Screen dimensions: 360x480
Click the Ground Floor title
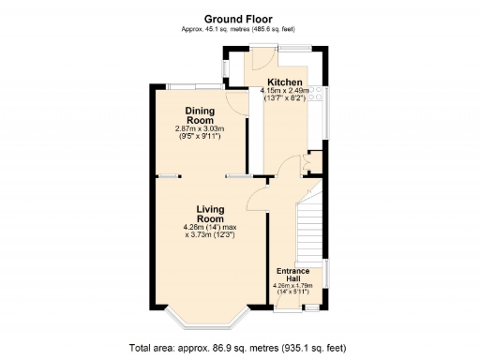click(239, 17)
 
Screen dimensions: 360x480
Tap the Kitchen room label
click(284, 82)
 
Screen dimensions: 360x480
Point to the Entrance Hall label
click(292, 275)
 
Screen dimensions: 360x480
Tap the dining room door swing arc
click(237, 102)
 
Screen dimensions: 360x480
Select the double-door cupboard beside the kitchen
click(312, 164)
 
